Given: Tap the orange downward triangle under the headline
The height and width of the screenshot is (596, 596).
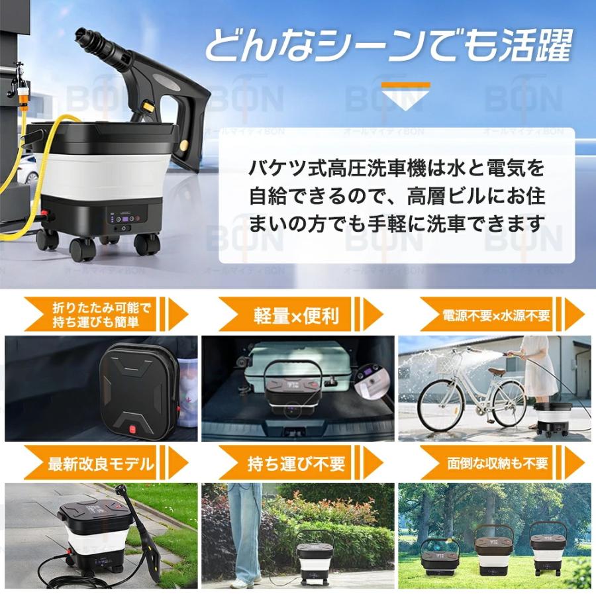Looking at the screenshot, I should point(405,92).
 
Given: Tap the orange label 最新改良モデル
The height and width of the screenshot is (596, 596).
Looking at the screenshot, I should point(101,463).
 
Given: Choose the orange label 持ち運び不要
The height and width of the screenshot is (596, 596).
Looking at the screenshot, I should point(296,463).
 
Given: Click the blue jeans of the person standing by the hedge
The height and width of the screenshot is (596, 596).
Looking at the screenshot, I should point(244,530).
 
